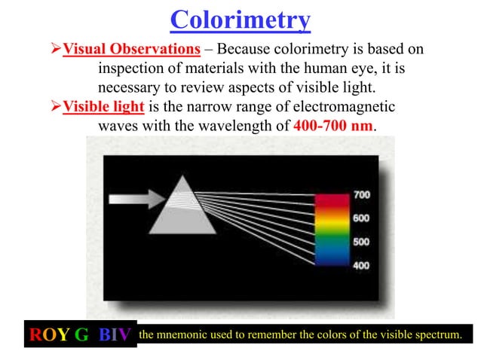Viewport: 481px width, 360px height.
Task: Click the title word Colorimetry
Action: click(x=240, y=20)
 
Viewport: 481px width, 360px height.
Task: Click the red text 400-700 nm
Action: click(x=332, y=125)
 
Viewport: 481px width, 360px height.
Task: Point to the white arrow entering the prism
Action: click(x=135, y=199)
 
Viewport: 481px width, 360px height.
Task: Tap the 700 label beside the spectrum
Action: click(x=361, y=194)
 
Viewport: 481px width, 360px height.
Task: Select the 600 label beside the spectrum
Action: click(x=361, y=218)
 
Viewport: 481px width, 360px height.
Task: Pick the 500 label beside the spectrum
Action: click(x=361, y=242)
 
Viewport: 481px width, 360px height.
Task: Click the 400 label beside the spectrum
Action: click(x=361, y=266)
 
